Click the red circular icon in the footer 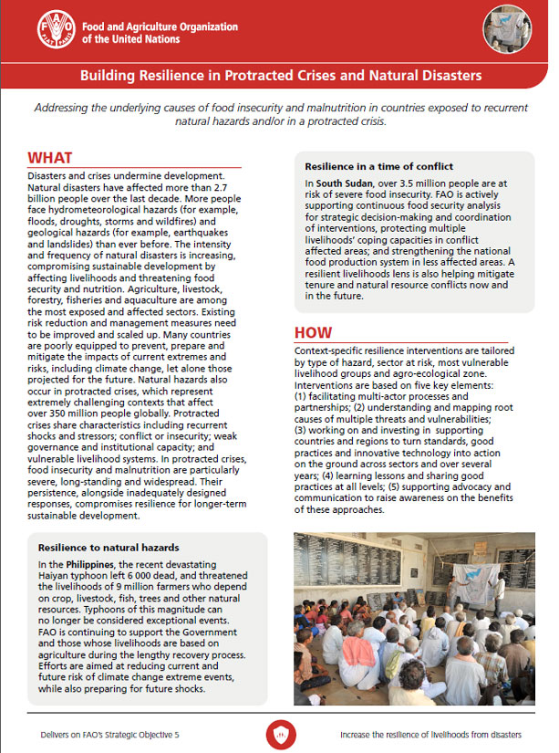coord(279,733)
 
